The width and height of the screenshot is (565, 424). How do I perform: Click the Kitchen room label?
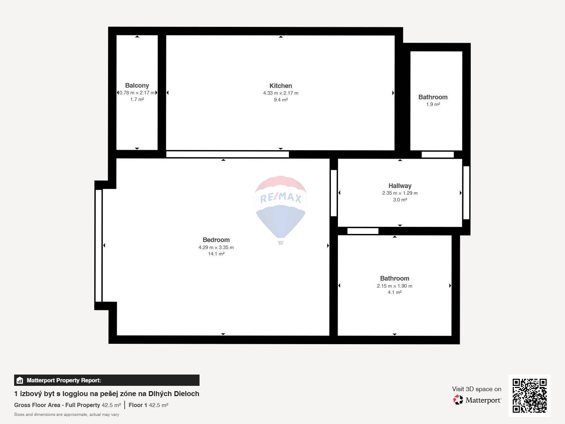280,86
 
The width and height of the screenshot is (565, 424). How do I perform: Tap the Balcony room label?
137,85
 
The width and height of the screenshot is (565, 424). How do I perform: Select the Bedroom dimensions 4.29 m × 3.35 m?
216,247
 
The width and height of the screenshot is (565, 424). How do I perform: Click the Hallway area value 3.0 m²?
400,200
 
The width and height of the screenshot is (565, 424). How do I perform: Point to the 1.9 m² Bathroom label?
433,97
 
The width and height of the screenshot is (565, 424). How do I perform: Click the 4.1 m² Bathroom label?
394,278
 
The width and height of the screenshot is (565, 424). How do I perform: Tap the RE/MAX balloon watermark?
280,208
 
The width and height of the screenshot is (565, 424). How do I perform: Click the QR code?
529,395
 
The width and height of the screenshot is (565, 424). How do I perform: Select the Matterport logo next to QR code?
477,400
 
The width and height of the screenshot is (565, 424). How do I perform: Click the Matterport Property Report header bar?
107,380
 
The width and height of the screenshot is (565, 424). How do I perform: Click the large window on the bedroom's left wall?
99,245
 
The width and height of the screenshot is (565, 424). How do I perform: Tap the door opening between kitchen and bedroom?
227,154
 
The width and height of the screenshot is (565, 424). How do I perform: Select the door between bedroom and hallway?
333,193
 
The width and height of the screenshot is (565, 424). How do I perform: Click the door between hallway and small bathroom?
438,154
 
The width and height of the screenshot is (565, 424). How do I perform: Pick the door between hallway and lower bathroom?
363,231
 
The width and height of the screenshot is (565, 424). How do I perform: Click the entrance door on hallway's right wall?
466,193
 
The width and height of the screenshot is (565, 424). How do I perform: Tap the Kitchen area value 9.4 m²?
280,100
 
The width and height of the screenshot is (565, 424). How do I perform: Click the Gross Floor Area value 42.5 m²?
111,405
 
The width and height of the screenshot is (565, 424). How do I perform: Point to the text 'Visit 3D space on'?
476,389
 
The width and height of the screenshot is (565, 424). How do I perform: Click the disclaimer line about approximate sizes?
66,414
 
